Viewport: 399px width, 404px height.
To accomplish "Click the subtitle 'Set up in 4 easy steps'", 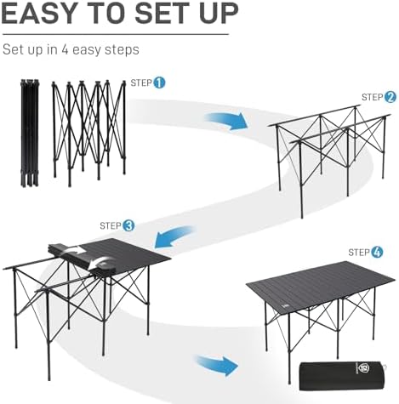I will click(71, 50).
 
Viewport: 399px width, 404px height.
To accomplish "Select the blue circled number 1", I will click(159, 83).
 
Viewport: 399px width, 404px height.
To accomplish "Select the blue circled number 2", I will click(390, 97).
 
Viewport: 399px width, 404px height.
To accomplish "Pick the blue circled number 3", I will click(128, 225).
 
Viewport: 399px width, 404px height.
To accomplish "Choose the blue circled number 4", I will click(378, 252).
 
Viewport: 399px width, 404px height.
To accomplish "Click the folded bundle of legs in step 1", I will click(29, 132).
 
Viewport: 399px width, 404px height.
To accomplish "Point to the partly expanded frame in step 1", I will click(88, 132).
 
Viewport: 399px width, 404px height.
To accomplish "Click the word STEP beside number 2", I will click(372, 97).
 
